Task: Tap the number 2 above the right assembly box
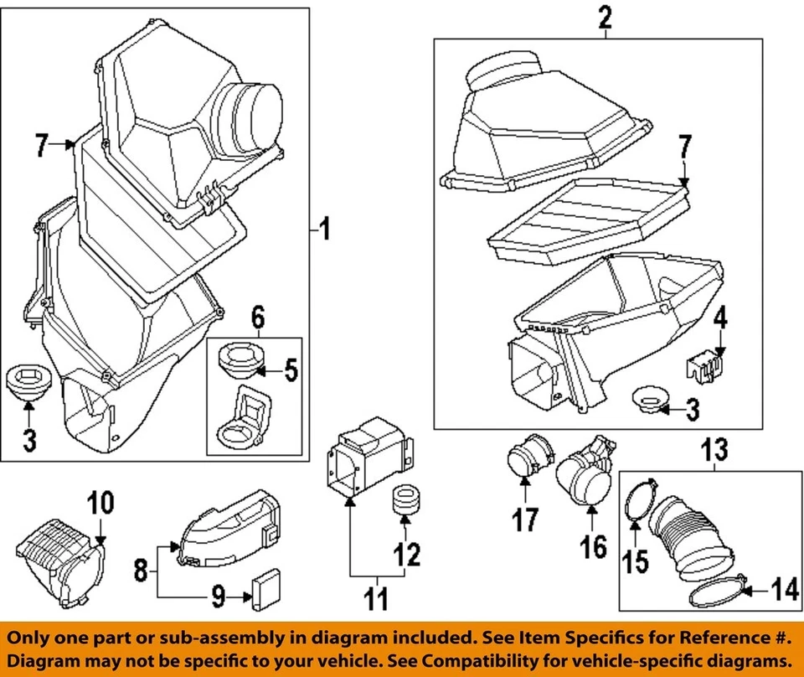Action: [606, 17]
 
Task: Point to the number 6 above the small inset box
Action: [257, 318]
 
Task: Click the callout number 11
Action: [377, 599]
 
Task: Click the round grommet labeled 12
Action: [405, 501]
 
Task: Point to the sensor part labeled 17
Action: [525, 457]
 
